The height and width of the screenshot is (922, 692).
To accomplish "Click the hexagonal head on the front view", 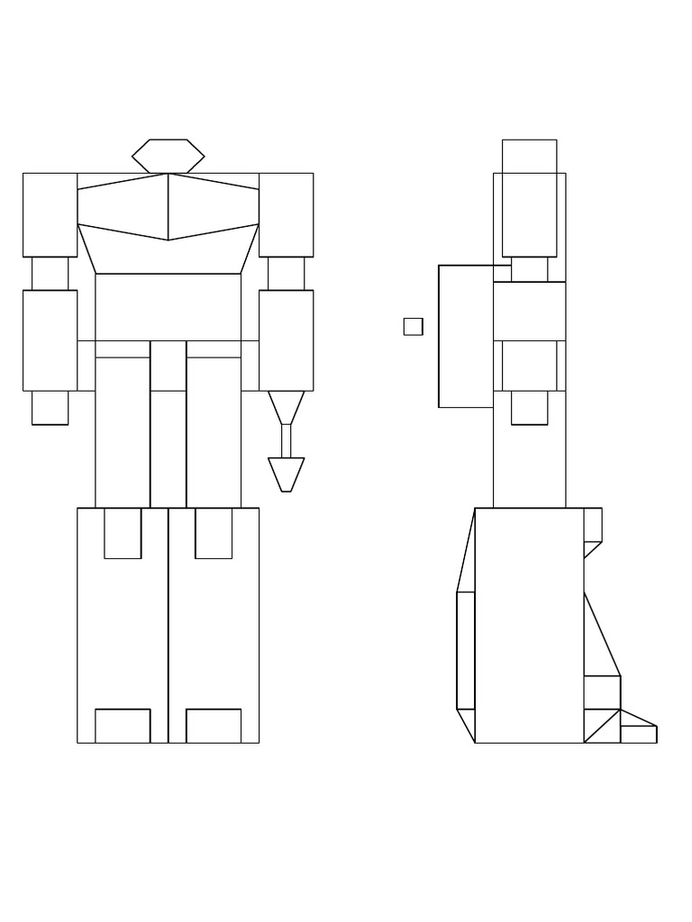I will coord(168,156).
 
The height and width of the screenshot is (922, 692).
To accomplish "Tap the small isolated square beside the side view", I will coord(413,327).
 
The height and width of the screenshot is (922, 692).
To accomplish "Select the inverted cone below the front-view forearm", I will coord(286,405).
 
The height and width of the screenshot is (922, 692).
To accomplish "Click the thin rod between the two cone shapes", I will coord(286,441).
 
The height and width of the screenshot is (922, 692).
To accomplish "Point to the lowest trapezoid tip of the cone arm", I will coord(286,474).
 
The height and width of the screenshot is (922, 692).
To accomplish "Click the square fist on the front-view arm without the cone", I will coord(50,407).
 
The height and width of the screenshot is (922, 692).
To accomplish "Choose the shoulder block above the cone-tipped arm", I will coord(286,214).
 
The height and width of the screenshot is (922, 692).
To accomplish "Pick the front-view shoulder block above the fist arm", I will coord(50,214).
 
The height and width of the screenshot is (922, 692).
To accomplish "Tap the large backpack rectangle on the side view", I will coord(465,336).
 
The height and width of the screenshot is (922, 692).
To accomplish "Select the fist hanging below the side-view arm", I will coord(529,407).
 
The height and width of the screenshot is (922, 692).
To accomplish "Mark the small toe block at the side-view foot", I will coord(638,734).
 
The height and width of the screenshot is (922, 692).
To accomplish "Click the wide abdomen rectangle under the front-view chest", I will coord(168,306).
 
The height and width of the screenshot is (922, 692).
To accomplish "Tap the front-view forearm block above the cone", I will coord(286,339).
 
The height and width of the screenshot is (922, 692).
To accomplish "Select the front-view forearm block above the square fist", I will coord(50,339).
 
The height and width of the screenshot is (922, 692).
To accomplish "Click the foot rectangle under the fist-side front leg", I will coord(123,726).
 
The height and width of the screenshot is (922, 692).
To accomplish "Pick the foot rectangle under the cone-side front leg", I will coord(214,726).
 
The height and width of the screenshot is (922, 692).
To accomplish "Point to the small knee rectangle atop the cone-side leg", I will coord(214,533).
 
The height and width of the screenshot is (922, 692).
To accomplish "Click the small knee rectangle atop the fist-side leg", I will coord(123,533).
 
